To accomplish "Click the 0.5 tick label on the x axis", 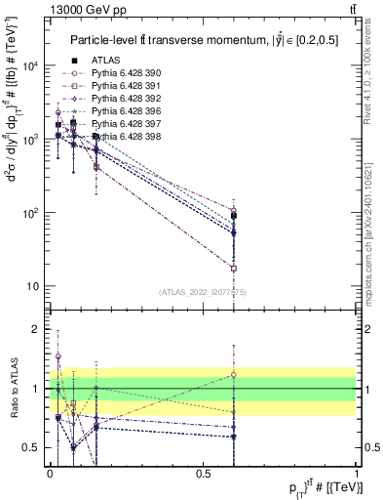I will coord(203,474).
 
